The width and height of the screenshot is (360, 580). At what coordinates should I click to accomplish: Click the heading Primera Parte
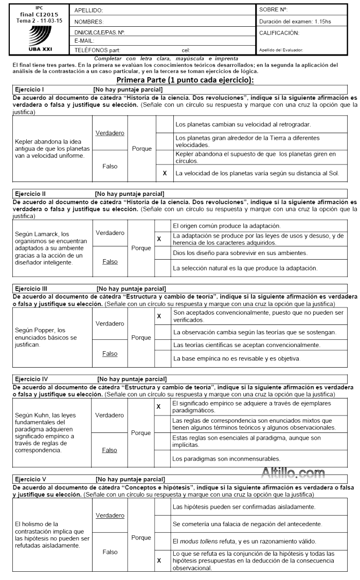pos(185,80)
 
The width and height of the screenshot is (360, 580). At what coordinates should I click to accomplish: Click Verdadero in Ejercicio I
pos(110,133)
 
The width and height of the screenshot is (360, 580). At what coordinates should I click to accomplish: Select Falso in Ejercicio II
pos(110,261)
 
